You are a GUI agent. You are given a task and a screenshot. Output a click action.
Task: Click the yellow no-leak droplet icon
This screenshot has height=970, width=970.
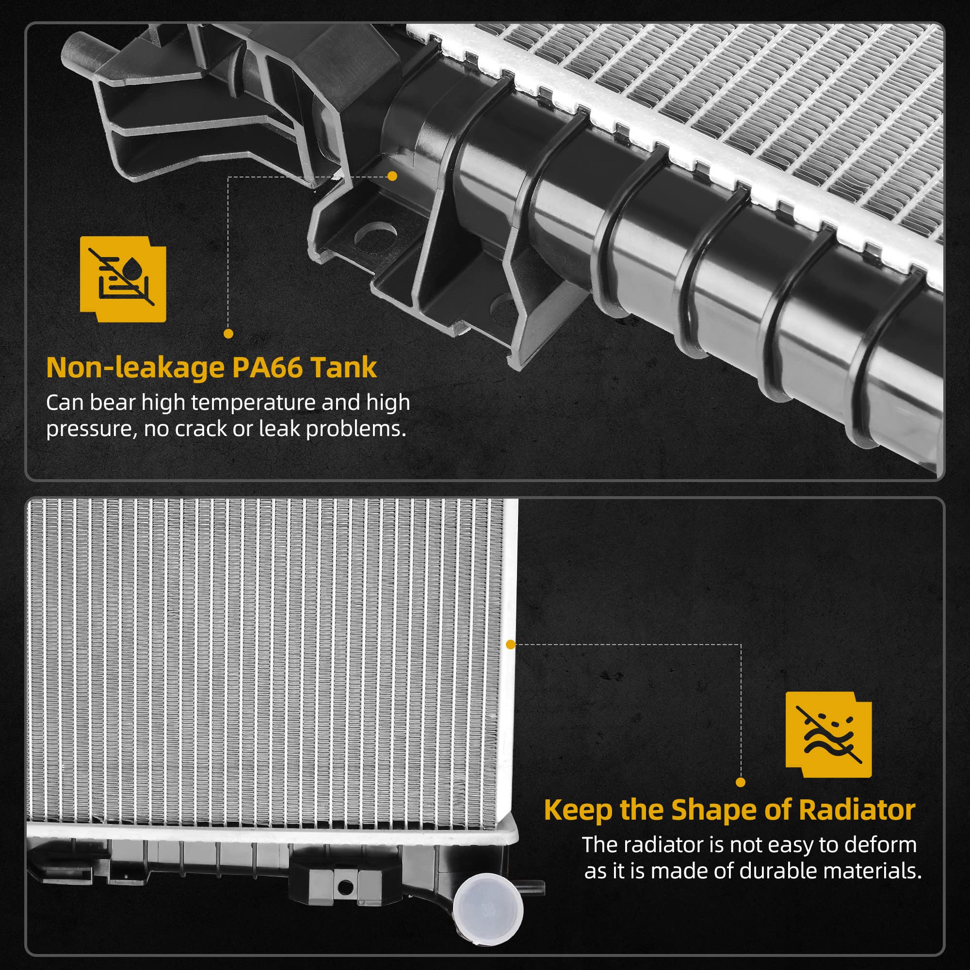point(123,279)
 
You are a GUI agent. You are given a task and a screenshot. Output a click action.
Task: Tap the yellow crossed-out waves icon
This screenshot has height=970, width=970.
point(828,734)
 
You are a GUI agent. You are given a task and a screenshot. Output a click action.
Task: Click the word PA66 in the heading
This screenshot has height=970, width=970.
point(268,368)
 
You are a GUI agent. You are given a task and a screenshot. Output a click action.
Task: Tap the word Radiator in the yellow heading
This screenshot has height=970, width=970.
point(857,810)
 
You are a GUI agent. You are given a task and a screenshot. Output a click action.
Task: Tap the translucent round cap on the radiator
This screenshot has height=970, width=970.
point(487,908)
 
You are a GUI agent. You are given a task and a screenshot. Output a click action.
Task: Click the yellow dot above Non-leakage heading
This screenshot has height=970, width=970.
point(228,333)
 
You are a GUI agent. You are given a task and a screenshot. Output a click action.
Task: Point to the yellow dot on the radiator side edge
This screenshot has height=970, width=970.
point(511,644)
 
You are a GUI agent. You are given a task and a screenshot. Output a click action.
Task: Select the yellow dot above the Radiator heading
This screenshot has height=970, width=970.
point(741,782)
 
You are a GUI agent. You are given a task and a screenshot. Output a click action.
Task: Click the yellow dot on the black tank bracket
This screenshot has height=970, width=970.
point(393,176)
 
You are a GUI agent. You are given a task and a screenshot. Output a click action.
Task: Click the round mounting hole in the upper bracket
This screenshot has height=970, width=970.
point(375,238)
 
